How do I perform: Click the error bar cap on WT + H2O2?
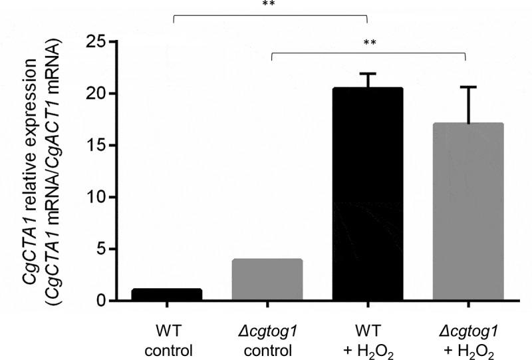coord(368,74)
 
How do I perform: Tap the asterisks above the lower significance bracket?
coord(369,43)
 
